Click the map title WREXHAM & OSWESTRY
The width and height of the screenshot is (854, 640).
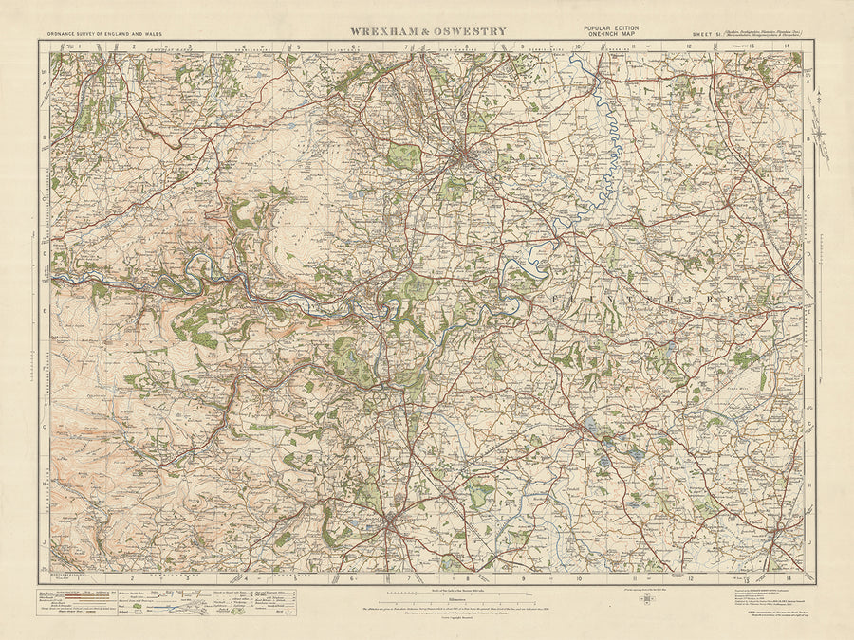point(428,31)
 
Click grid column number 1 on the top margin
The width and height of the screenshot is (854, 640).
point(81,46)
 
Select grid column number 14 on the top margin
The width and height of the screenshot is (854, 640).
point(788,46)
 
